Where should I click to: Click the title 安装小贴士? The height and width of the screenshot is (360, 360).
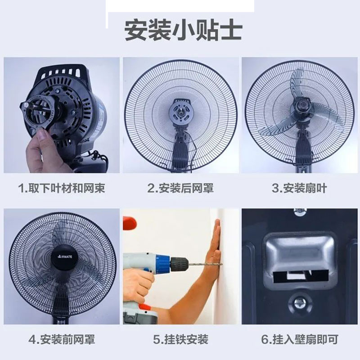click(x=183, y=30)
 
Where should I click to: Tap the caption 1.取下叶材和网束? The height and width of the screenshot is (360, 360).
click(x=62, y=188)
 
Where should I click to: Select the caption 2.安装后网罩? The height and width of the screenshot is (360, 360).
click(x=180, y=188)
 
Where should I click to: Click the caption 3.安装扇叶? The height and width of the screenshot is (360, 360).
click(x=299, y=188)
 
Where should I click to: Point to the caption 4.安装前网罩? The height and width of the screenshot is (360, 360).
click(x=62, y=340)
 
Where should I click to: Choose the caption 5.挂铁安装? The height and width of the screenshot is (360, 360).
click(x=181, y=340)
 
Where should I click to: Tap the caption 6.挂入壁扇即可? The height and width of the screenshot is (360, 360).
click(x=300, y=340)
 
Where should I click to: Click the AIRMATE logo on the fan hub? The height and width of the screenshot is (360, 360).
click(x=64, y=256)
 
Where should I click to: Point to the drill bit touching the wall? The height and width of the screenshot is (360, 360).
click(x=205, y=264)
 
